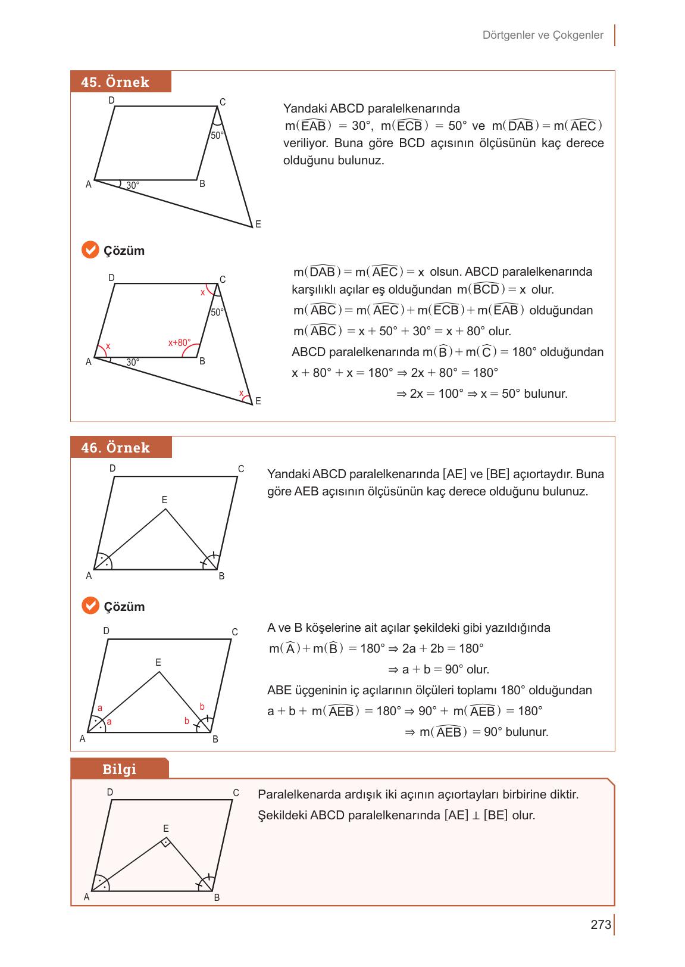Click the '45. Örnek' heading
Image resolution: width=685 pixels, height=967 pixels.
point(115,82)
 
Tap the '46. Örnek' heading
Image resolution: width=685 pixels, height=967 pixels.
point(115,448)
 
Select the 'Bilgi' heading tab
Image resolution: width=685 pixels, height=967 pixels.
point(119,769)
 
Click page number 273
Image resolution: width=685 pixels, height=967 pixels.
point(600,925)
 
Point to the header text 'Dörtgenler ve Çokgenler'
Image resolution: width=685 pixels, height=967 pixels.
point(543,35)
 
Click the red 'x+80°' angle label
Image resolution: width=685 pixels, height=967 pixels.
point(179,343)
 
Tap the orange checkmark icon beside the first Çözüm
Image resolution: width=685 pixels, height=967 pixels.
point(90,250)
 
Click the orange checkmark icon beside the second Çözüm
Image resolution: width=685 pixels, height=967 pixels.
point(90,606)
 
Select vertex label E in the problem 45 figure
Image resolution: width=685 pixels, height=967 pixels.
point(258,224)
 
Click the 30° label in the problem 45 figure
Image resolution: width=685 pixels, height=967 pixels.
point(133,186)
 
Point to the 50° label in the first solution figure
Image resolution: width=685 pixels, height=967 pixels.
point(217,312)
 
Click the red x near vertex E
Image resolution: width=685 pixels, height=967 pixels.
point(241,393)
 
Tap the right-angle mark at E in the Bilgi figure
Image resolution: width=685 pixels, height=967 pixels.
point(166,842)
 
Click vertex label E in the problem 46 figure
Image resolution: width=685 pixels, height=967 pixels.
point(165,500)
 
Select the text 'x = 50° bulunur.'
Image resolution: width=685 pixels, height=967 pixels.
point(524,394)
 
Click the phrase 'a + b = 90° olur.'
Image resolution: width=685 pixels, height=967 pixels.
point(446,669)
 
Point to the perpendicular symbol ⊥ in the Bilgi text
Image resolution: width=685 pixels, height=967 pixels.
point(476,816)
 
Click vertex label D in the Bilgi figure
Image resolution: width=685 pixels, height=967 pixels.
point(110,793)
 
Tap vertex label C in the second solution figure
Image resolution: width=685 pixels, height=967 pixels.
point(234,632)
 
